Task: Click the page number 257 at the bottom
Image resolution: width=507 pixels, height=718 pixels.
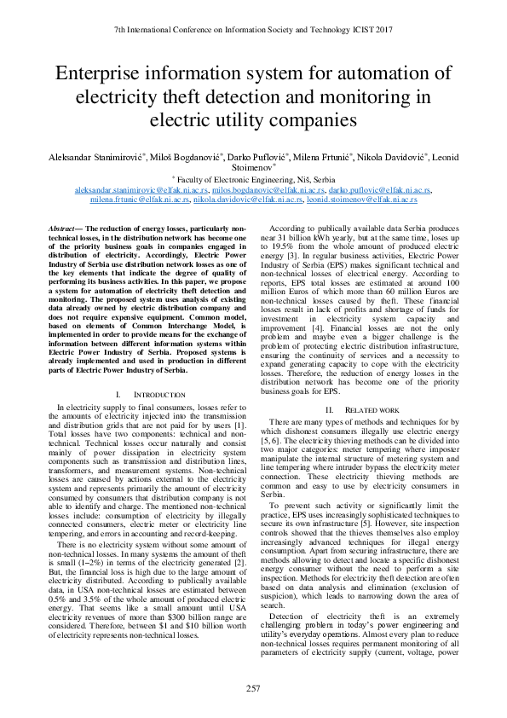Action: click(253, 689)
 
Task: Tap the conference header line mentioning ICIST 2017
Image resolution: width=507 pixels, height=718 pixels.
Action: click(253, 29)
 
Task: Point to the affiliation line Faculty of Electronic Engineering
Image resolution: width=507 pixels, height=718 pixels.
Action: click(254, 181)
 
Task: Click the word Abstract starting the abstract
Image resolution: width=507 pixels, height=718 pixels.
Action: click(61, 231)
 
